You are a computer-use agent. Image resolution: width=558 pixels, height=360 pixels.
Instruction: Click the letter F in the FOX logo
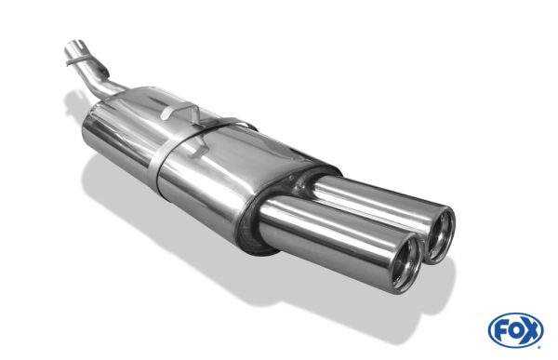pos(502,331)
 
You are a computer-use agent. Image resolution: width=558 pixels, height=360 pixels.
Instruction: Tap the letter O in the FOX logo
pos(515,331)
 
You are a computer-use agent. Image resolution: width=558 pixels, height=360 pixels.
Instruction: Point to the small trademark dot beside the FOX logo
pos(539,346)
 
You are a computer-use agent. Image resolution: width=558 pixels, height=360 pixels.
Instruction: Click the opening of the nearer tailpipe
pos(405,263)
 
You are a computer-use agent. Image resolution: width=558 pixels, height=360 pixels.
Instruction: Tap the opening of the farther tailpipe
pos(441,235)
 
